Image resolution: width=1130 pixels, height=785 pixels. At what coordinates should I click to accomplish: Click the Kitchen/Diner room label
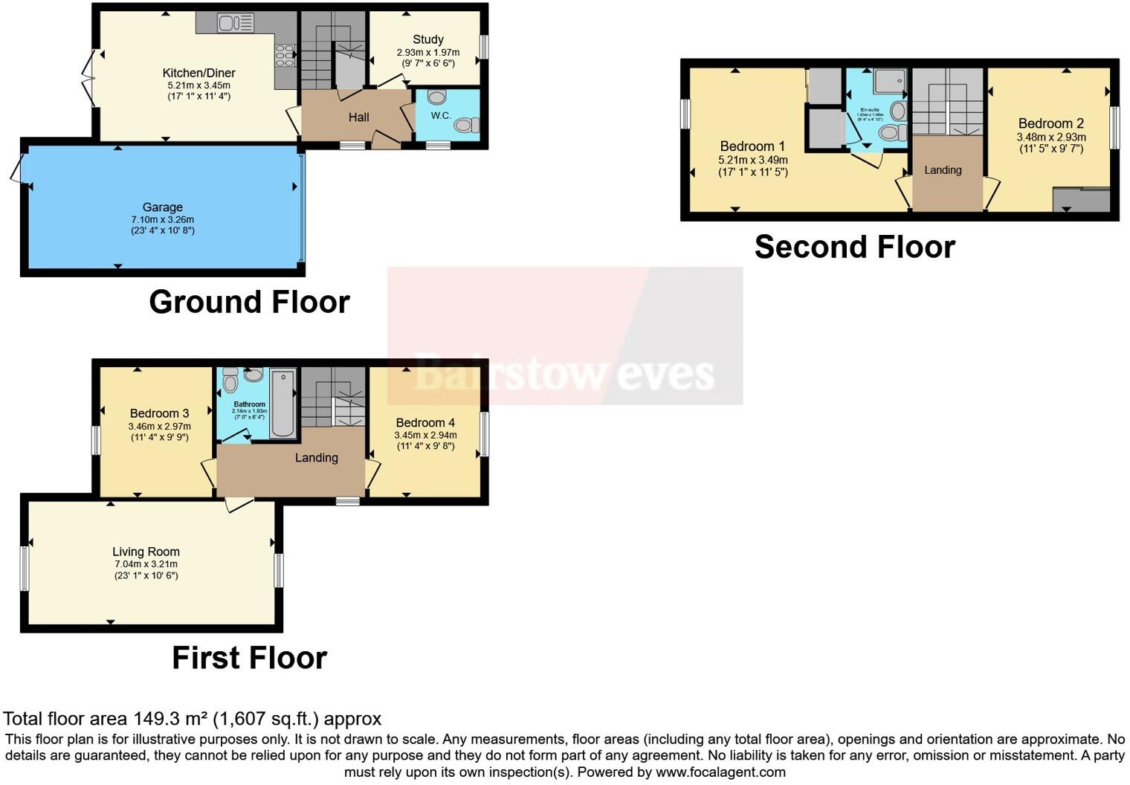click(198, 73)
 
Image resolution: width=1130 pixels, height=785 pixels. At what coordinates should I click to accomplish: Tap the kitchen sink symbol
click(235, 23)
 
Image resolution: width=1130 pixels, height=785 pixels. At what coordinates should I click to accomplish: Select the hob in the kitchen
click(285, 56)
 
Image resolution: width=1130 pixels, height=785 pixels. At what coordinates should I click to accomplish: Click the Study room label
click(428, 39)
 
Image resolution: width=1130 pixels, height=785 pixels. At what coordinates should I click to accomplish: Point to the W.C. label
click(441, 115)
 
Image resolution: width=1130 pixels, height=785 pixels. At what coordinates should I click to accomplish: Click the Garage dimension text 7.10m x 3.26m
click(163, 219)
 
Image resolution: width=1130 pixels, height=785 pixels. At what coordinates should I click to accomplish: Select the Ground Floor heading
click(249, 303)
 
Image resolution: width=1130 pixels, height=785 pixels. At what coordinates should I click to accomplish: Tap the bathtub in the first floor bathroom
click(283, 403)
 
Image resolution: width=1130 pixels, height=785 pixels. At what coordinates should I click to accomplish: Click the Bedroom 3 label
click(159, 413)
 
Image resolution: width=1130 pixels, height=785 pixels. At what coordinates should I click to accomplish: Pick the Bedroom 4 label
click(425, 422)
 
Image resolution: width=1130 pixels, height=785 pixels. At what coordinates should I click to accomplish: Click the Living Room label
click(146, 552)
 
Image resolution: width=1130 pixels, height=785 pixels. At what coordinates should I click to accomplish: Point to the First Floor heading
click(249, 658)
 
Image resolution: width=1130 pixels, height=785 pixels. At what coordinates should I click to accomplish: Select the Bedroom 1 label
click(752, 146)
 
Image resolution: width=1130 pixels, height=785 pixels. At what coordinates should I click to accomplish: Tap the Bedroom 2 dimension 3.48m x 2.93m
click(1051, 137)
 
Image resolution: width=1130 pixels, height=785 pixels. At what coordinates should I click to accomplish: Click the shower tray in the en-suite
click(889, 81)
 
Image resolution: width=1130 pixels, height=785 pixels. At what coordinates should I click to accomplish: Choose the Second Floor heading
click(854, 247)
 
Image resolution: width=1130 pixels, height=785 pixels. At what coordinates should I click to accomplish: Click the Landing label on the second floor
click(943, 170)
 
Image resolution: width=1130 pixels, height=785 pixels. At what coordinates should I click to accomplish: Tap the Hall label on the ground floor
click(358, 117)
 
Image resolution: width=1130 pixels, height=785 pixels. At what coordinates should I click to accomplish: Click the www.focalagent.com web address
click(720, 772)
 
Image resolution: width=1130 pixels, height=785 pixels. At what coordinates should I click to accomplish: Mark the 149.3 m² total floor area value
click(170, 719)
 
